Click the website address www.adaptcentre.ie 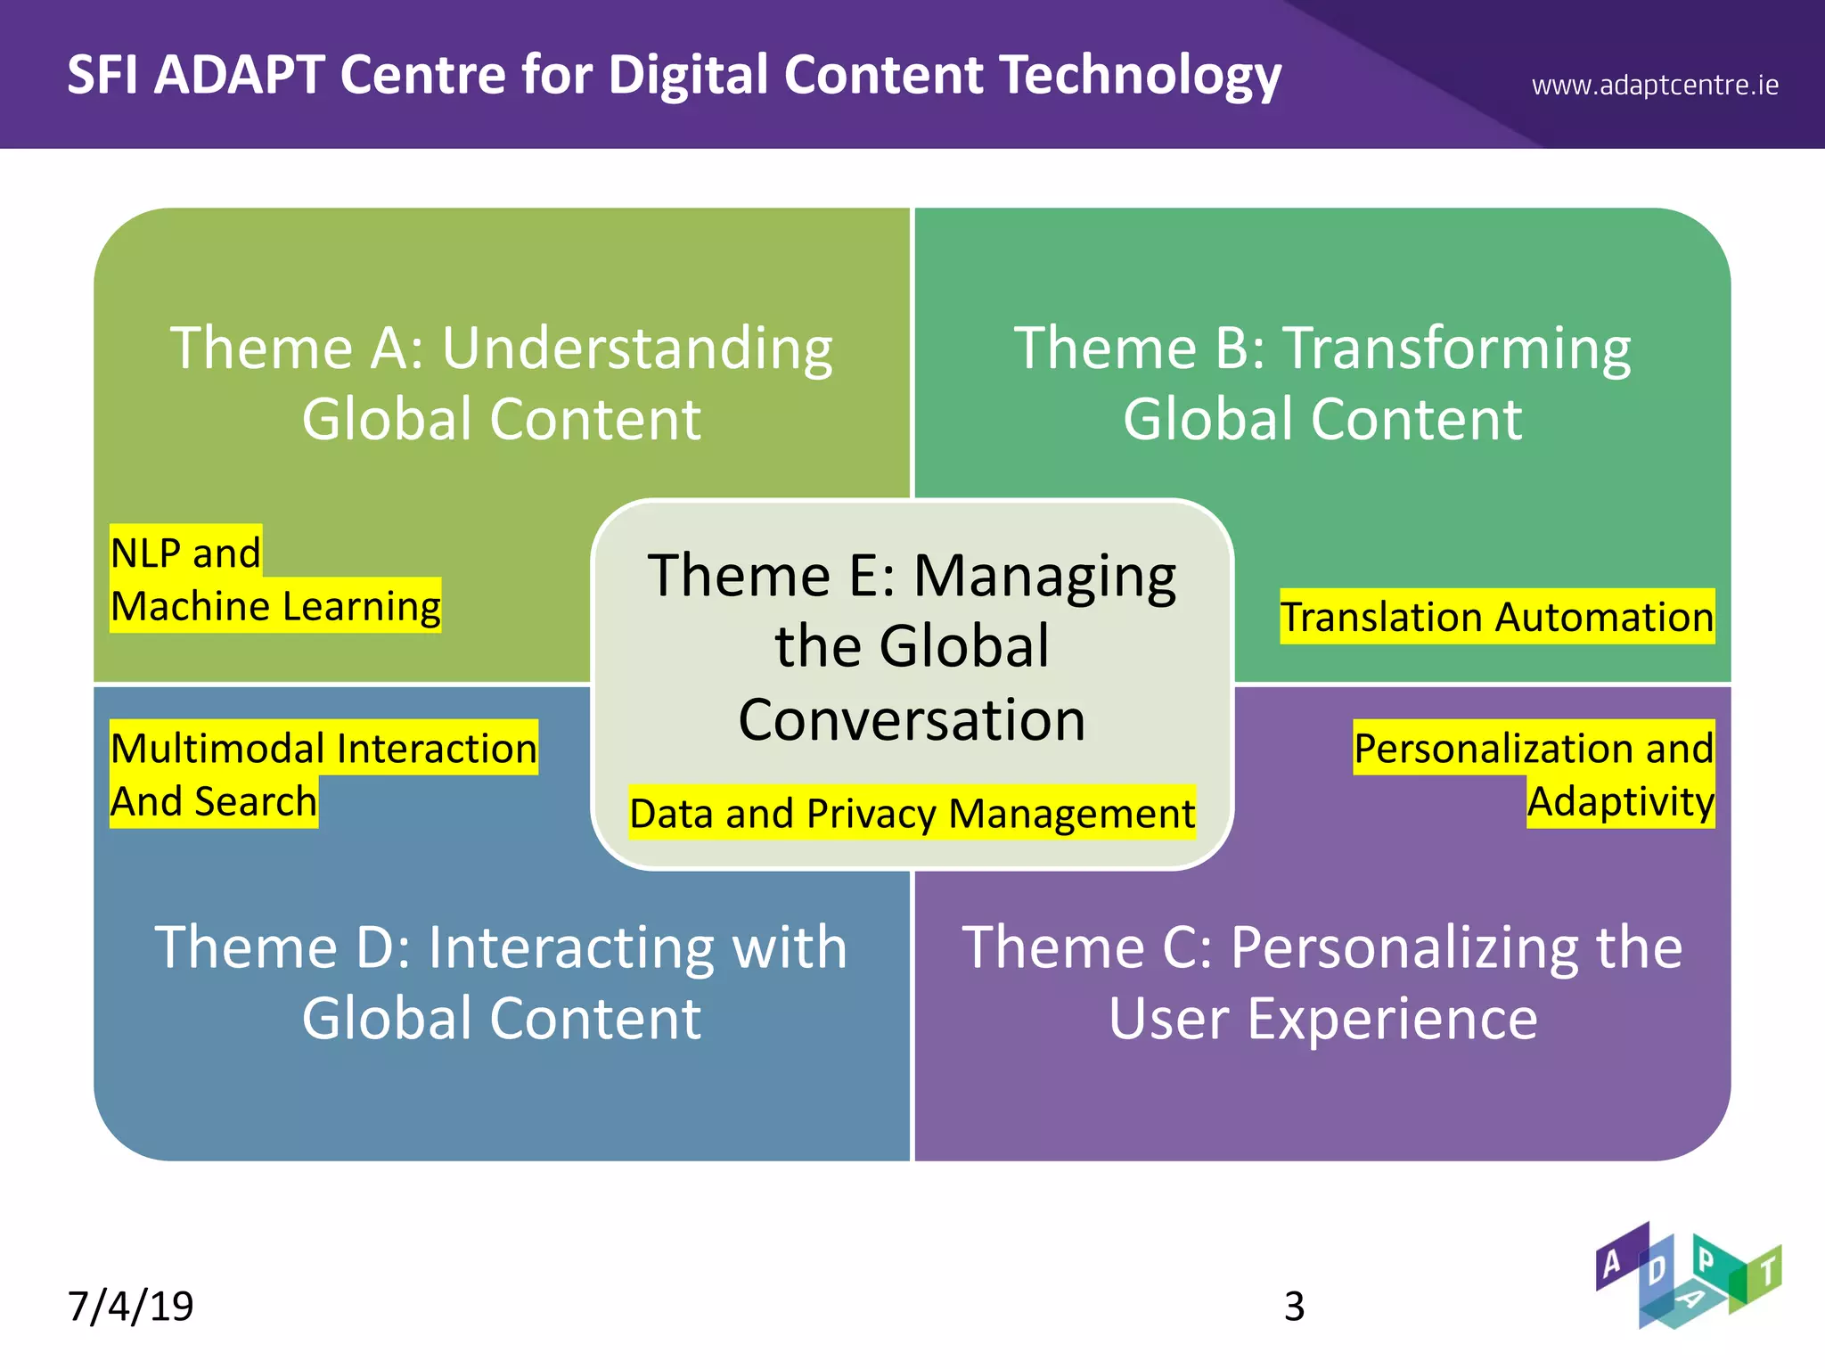point(1655,86)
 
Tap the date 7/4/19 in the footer point(131,1306)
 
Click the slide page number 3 point(1294,1307)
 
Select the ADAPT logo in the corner point(1688,1275)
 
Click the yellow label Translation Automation point(1497,617)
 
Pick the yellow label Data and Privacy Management point(912,813)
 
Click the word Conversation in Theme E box point(912,719)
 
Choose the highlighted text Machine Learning point(275,606)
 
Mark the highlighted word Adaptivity point(1620,801)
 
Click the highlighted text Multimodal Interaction point(323,748)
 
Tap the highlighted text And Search point(214,801)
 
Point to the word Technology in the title point(1140,75)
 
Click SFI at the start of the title point(102,75)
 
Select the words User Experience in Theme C point(1322,1019)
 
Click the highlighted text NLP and point(185,553)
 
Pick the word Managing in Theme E point(1044,576)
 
